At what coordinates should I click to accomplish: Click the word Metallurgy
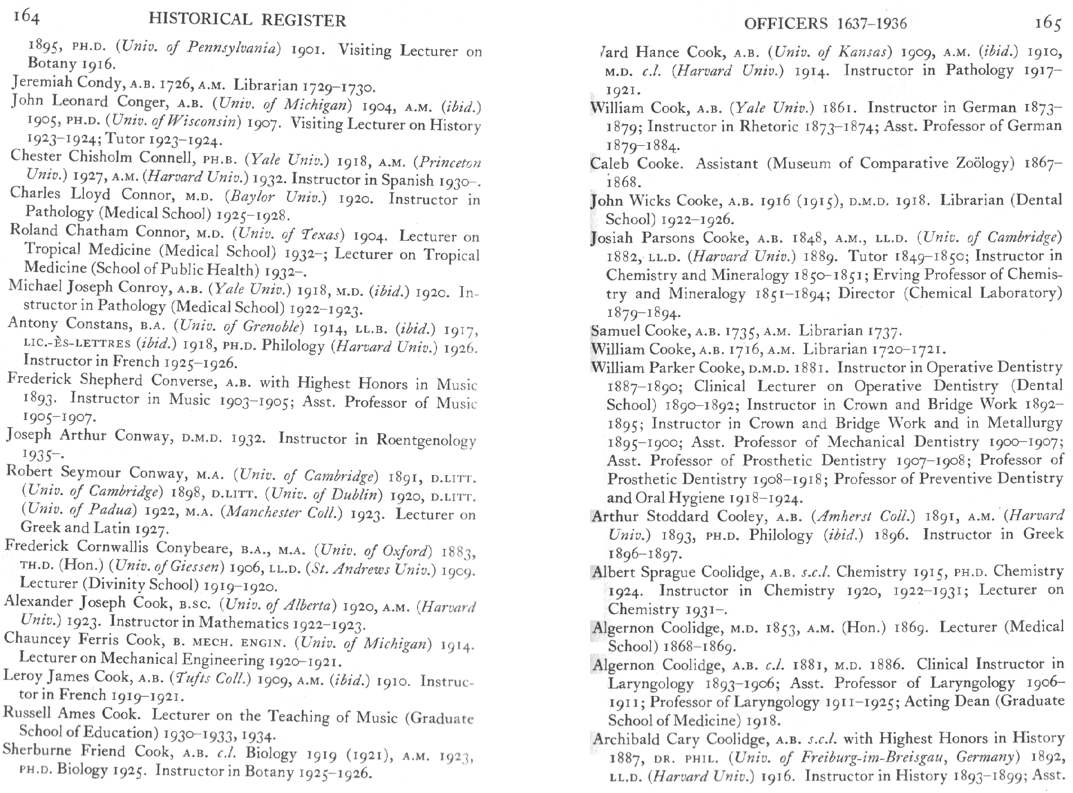click(x=1025, y=423)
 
